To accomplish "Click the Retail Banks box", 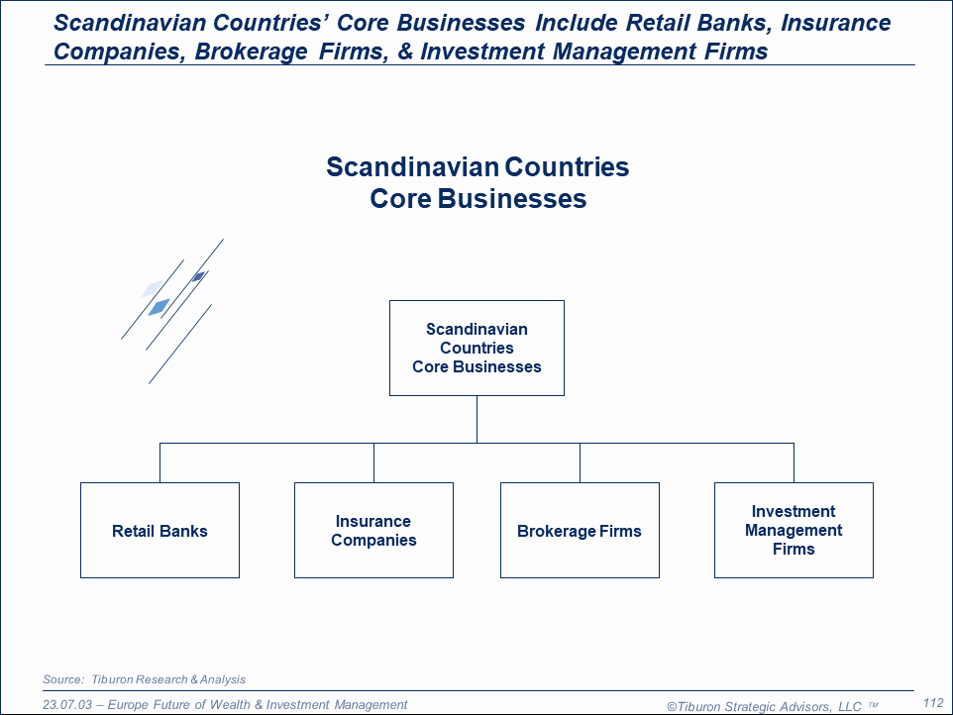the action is tap(159, 531).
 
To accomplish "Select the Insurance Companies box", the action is tap(373, 531).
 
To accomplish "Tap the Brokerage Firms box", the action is tap(580, 531).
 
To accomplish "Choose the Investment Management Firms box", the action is tap(794, 531).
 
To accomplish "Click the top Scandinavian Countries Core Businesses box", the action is tap(476, 348).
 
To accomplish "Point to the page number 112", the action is tap(933, 703).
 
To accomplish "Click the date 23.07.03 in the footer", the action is tap(66, 705).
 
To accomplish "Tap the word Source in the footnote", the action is tap(63, 679).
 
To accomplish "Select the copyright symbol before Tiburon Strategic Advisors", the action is tap(672, 706).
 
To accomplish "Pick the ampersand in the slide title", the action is tap(405, 51).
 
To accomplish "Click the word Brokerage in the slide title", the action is tap(251, 51).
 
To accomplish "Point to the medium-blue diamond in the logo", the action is tap(159, 307).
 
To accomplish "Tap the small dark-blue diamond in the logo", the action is tap(198, 277).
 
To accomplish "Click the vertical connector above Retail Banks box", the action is tap(159, 462).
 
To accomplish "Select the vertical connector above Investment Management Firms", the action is tap(794, 462).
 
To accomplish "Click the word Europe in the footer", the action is tap(128, 705).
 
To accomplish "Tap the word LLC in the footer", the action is tap(850, 706).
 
